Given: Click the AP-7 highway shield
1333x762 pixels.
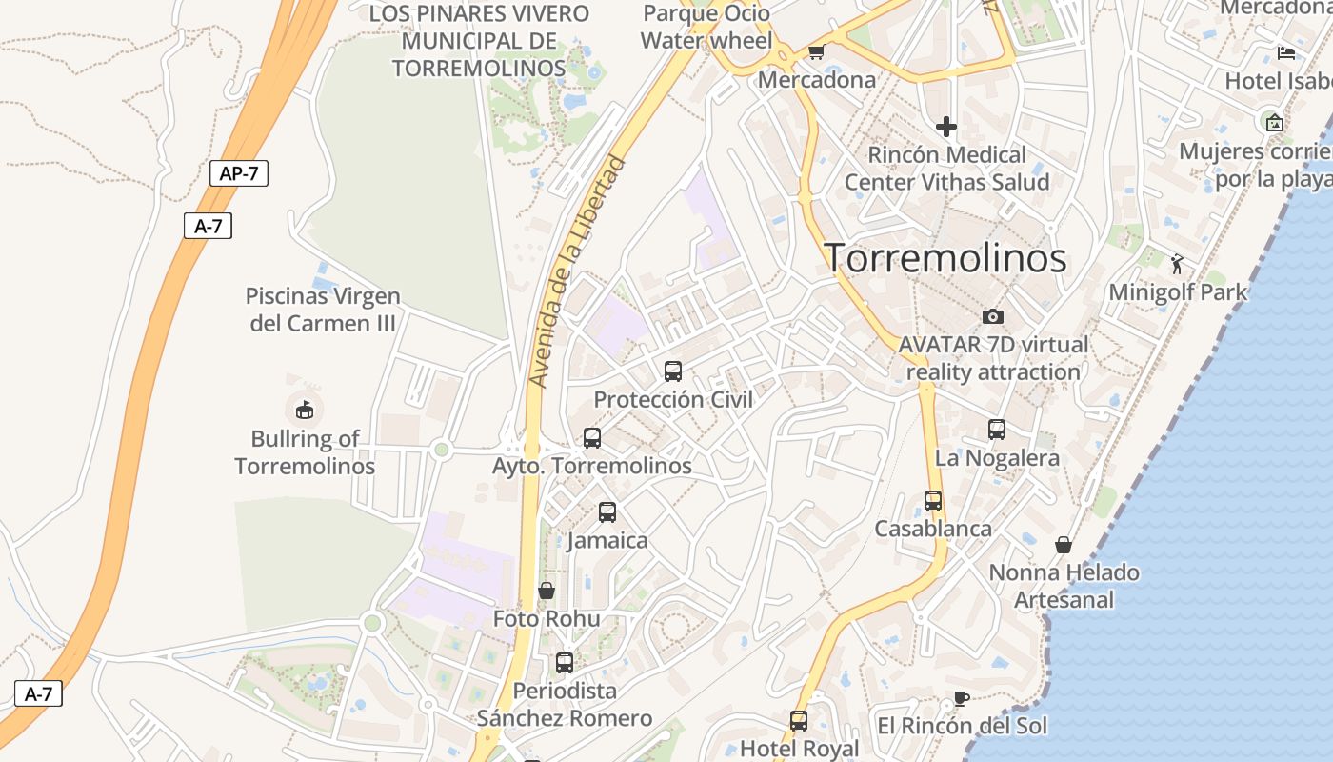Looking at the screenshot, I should [x=238, y=173].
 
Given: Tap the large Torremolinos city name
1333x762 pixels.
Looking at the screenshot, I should [x=945, y=258].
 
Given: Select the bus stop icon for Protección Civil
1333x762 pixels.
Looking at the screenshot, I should [x=673, y=371].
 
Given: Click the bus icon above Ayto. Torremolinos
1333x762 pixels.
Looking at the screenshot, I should [x=592, y=438].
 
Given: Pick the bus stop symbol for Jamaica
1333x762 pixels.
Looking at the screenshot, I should [x=607, y=512].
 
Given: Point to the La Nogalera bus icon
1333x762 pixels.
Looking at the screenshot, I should [x=997, y=430].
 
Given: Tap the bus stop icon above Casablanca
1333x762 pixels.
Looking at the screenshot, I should [x=933, y=501].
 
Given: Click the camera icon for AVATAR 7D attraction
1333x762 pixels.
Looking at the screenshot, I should [x=993, y=316].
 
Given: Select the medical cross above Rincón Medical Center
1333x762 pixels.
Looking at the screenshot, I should [x=946, y=127].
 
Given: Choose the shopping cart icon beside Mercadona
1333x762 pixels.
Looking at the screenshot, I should [x=816, y=52].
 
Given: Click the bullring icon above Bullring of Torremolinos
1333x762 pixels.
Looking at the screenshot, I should [x=305, y=411].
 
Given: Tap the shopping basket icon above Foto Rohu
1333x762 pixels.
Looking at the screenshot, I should [x=547, y=592].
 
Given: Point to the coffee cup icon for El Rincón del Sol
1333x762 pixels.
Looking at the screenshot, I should [x=962, y=698].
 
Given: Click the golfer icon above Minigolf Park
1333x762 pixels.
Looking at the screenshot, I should [x=1178, y=264].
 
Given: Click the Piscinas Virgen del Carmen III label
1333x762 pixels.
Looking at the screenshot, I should [x=323, y=310].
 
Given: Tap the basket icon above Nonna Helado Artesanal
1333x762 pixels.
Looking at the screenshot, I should [x=1064, y=545].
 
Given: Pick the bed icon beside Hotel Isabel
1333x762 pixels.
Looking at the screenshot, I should [x=1286, y=53].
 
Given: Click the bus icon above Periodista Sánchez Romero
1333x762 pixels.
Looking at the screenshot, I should [x=565, y=663].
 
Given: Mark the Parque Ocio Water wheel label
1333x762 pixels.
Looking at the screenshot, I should [x=706, y=27].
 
